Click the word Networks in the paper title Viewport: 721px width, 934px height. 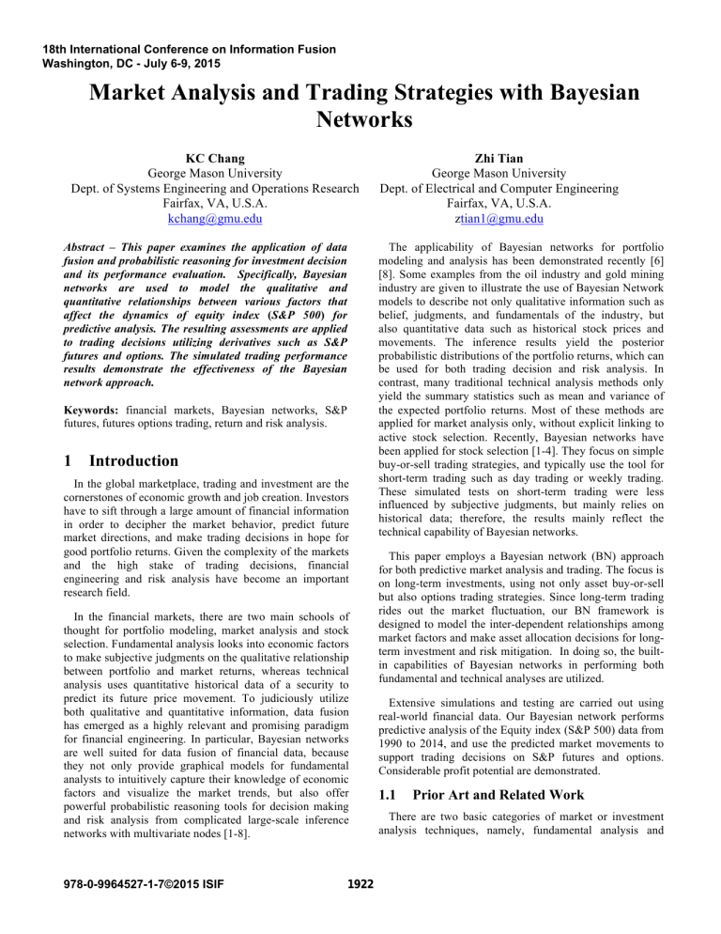coord(360,118)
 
